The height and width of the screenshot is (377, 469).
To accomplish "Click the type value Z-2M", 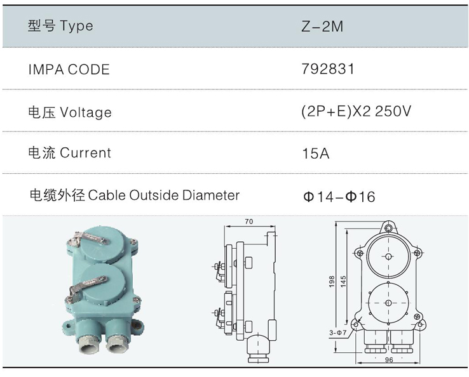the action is click(x=322, y=26).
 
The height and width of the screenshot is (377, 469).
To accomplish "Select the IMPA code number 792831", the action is click(x=328, y=69).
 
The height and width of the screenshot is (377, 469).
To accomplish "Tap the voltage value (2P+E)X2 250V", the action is click(x=357, y=112).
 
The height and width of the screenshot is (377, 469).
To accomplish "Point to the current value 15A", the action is click(x=316, y=154).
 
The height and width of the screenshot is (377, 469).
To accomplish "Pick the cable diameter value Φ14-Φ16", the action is click(x=339, y=197).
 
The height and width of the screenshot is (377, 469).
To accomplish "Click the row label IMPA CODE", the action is click(x=69, y=70).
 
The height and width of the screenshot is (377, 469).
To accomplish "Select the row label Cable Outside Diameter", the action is click(x=164, y=195).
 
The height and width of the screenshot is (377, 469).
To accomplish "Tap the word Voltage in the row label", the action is click(x=86, y=112).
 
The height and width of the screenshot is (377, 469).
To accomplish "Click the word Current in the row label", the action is click(x=86, y=153).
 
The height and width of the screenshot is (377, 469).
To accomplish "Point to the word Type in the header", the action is click(x=76, y=26).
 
